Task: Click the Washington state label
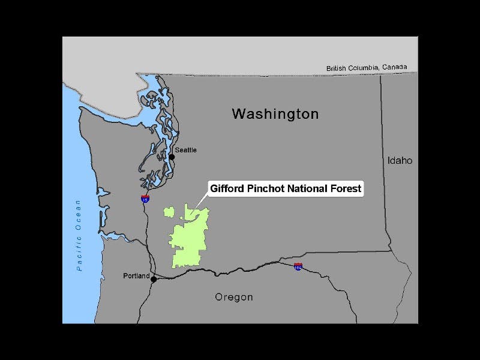pyautogui.click(x=275, y=113)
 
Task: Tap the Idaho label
pyautogui.click(x=400, y=160)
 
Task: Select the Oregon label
pyautogui.click(x=234, y=297)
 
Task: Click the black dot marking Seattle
pyautogui.click(x=172, y=157)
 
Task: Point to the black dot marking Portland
pyautogui.click(x=154, y=279)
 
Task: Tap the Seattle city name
pyautogui.click(x=185, y=150)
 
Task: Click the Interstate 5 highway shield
pyautogui.click(x=145, y=198)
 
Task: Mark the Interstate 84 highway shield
pyautogui.click(x=298, y=266)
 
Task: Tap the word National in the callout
pyautogui.click(x=303, y=188)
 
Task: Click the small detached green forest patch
pyautogui.click(x=169, y=212)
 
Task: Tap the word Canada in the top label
pyautogui.click(x=394, y=67)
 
